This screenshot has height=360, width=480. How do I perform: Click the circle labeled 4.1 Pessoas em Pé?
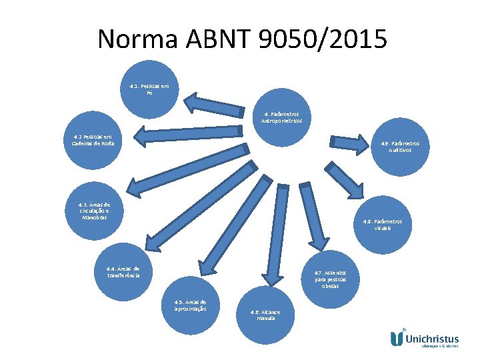(x=150, y=89)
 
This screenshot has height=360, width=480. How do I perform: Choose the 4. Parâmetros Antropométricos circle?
(x=282, y=117)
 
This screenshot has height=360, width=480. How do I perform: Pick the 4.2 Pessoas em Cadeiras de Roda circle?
(x=94, y=140)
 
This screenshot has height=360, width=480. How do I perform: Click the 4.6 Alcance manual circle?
(x=265, y=315)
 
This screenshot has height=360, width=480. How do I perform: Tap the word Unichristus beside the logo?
(x=436, y=337)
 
